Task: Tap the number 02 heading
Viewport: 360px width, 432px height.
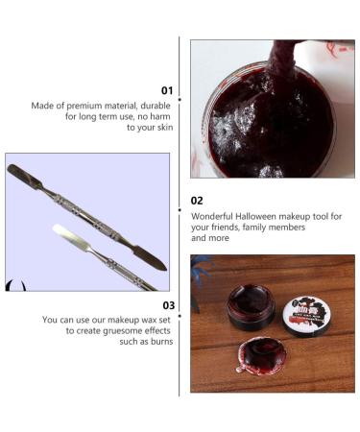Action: [197, 201]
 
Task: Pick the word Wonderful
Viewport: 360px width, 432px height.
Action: [211, 216]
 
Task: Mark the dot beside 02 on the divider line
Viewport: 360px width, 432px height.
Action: [180, 202]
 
